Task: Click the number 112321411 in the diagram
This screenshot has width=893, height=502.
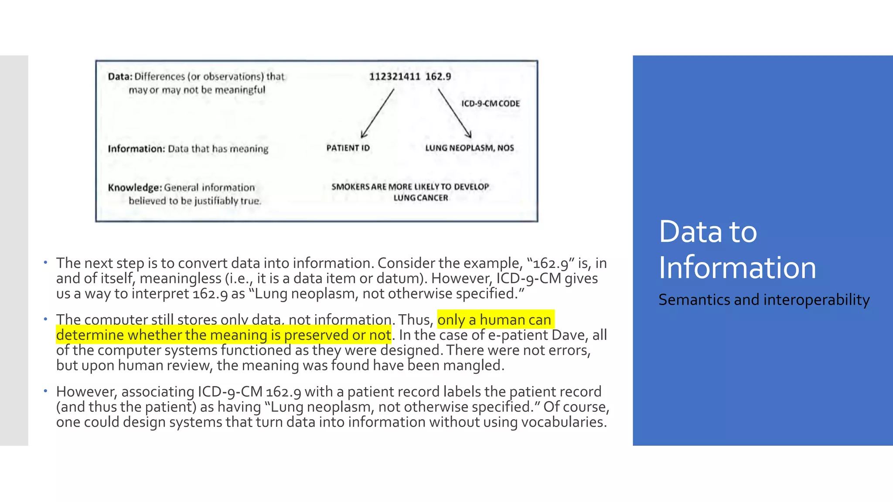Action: point(394,77)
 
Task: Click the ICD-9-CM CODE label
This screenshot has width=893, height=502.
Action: point(491,104)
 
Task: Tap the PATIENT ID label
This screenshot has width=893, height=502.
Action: point(348,148)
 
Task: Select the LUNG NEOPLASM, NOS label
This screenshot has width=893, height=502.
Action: point(470,148)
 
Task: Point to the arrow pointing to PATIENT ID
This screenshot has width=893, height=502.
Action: point(378,114)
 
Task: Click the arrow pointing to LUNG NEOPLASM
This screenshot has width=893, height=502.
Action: point(455,114)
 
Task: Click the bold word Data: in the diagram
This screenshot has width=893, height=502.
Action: point(120,77)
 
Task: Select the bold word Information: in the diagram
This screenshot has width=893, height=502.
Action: point(136,149)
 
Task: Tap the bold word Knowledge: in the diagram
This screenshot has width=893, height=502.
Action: point(135,188)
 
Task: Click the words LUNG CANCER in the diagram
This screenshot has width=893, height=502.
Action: point(420,198)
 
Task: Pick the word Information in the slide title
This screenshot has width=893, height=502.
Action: point(737,268)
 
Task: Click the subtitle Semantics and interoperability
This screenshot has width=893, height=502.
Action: point(764,300)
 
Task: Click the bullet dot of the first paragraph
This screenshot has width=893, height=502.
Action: point(45,262)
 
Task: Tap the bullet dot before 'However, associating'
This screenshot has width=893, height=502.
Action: point(45,391)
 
